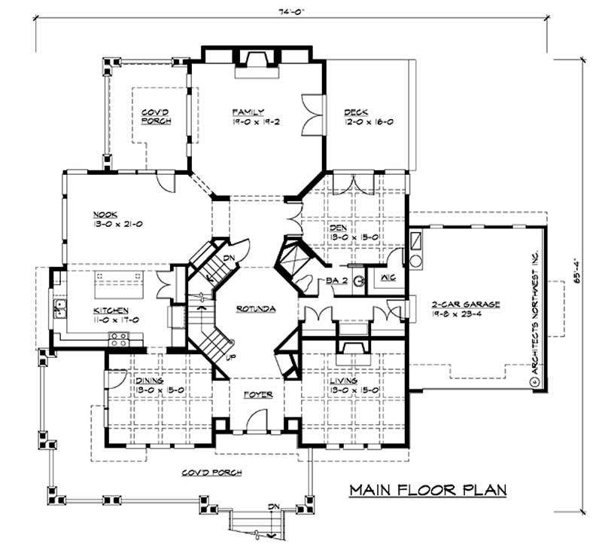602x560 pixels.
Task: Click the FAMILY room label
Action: tap(248, 110)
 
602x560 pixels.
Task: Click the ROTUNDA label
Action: tap(255, 309)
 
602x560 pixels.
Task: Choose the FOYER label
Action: tap(257, 394)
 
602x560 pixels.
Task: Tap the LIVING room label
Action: tap(345, 381)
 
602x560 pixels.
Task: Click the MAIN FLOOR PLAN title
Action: tap(427, 491)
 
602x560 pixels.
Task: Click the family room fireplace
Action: tap(257, 64)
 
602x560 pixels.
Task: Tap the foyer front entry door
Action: tap(257, 417)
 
